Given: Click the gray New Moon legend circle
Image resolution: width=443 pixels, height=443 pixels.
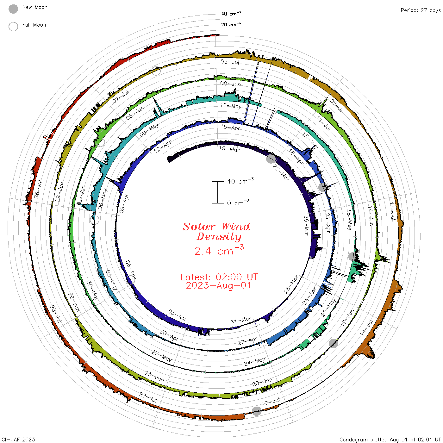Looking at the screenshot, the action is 13,9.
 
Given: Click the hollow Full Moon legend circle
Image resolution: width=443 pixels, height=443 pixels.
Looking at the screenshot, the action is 13,27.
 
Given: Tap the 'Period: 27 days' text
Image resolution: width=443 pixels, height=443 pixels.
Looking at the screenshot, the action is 421,10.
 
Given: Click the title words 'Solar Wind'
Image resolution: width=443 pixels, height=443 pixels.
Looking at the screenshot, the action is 216,227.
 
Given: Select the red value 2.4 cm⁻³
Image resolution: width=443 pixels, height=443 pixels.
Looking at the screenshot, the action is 219,250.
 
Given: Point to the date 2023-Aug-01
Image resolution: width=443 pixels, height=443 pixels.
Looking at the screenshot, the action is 218,285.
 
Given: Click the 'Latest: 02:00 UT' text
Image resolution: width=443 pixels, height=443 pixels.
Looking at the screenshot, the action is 219,277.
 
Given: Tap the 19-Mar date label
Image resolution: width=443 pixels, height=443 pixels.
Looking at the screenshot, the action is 229,149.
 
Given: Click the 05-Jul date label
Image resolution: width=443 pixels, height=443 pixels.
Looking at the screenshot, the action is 230,62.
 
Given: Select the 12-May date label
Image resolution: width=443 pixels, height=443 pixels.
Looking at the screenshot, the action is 231,106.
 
